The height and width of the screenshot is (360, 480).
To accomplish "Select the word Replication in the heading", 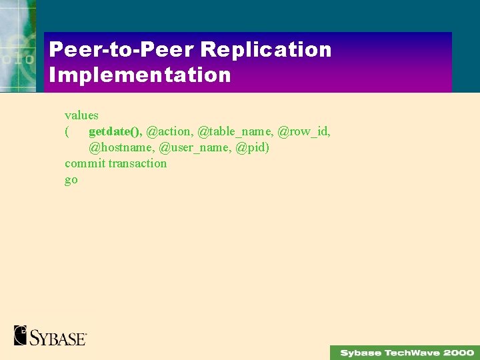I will (266, 50).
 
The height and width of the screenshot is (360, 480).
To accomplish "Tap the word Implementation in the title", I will (140, 75).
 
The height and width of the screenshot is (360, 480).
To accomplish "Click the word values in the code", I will (81, 115).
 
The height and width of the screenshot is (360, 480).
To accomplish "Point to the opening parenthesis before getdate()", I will (67, 131).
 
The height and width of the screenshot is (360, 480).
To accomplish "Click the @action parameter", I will (170, 131).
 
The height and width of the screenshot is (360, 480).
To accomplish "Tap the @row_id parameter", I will (303, 131).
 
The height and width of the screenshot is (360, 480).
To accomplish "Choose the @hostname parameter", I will (123, 147).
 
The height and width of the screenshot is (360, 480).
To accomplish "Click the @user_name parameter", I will (195, 147).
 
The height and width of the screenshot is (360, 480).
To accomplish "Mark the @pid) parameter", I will (253, 147).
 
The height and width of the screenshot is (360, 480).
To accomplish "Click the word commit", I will (85, 163).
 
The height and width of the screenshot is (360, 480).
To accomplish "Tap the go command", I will (71, 180).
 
